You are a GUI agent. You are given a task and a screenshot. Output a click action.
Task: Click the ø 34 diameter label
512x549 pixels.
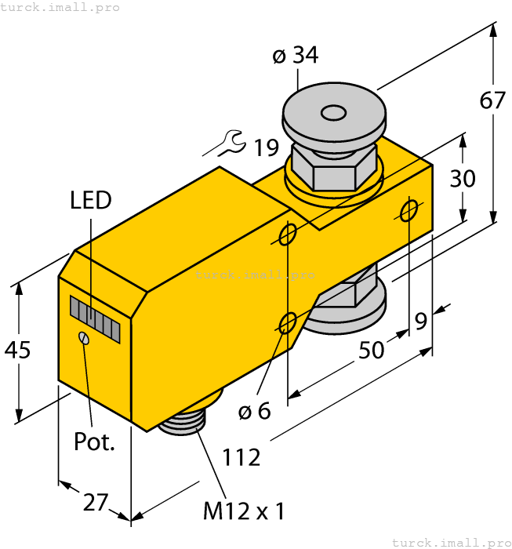tap(296, 56)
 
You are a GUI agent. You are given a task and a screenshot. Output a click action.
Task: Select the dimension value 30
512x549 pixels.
tap(463, 179)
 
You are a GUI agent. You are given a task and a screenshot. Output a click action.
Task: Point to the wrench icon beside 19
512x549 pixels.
tap(229, 143)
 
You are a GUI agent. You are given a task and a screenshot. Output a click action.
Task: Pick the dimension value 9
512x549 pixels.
tap(421, 321)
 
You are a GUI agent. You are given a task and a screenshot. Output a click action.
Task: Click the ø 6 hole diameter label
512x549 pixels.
tap(254, 410)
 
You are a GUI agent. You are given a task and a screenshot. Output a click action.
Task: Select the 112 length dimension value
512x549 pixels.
tap(241, 457)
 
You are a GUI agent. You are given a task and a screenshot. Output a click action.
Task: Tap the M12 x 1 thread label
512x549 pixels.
tap(243, 512)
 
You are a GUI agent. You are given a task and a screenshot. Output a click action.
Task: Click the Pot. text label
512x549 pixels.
tap(94, 441)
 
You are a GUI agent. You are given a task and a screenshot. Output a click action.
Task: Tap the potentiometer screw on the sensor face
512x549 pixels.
tap(83, 337)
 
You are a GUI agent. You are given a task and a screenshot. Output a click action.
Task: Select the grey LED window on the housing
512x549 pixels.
tap(95, 319)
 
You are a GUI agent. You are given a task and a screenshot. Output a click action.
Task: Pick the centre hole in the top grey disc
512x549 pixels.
tap(334, 115)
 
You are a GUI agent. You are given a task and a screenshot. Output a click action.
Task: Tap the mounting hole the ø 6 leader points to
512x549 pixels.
tap(288, 322)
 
